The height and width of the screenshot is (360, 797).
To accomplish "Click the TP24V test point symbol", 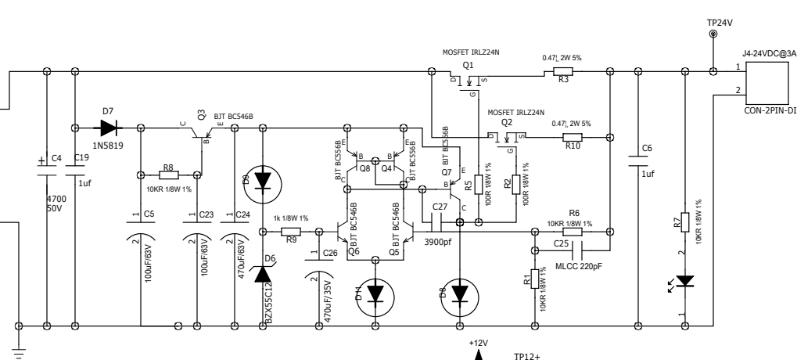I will (x=713, y=35).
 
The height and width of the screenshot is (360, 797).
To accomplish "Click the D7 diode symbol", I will (x=103, y=125).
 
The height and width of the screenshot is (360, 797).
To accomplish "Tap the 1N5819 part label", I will (x=107, y=146).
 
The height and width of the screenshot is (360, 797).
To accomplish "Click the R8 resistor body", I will (x=168, y=175).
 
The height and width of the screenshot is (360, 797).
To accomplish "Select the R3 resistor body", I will (x=563, y=72).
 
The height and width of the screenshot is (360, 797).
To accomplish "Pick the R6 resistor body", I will (x=573, y=231).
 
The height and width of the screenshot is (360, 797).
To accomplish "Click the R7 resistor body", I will (x=684, y=221).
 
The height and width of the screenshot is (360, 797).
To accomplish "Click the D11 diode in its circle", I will (x=375, y=293).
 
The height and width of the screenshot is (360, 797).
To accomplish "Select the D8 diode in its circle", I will (x=460, y=291).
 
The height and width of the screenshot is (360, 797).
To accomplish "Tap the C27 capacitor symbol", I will (x=432, y=223).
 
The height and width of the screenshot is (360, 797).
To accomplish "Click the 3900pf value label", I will (x=439, y=243).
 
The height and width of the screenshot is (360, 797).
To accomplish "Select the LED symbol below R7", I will (x=684, y=280).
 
